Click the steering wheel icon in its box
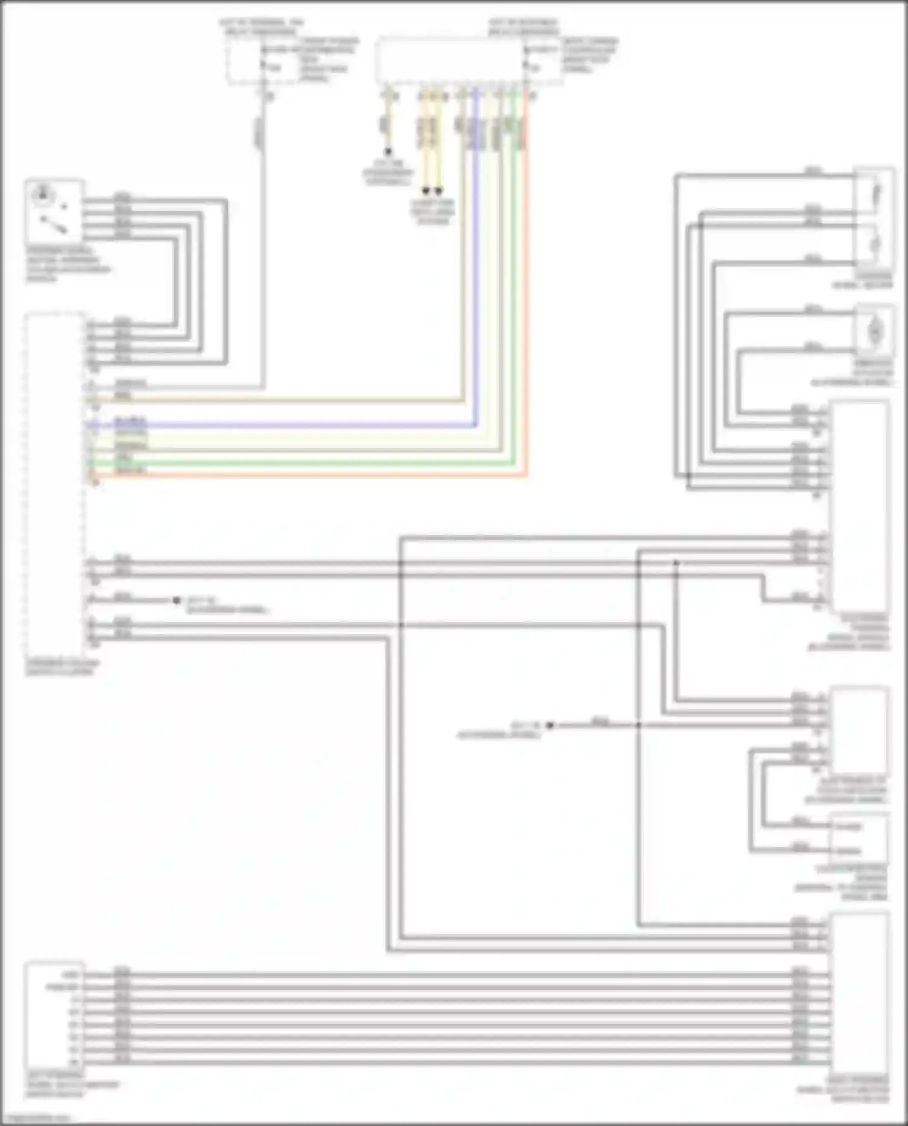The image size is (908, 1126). (x=43, y=195)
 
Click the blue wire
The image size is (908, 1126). (x=303, y=426)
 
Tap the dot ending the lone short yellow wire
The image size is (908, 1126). (x=388, y=151)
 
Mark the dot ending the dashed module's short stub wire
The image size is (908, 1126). (x=176, y=600)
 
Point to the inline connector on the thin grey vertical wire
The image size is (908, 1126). (x=259, y=133)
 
